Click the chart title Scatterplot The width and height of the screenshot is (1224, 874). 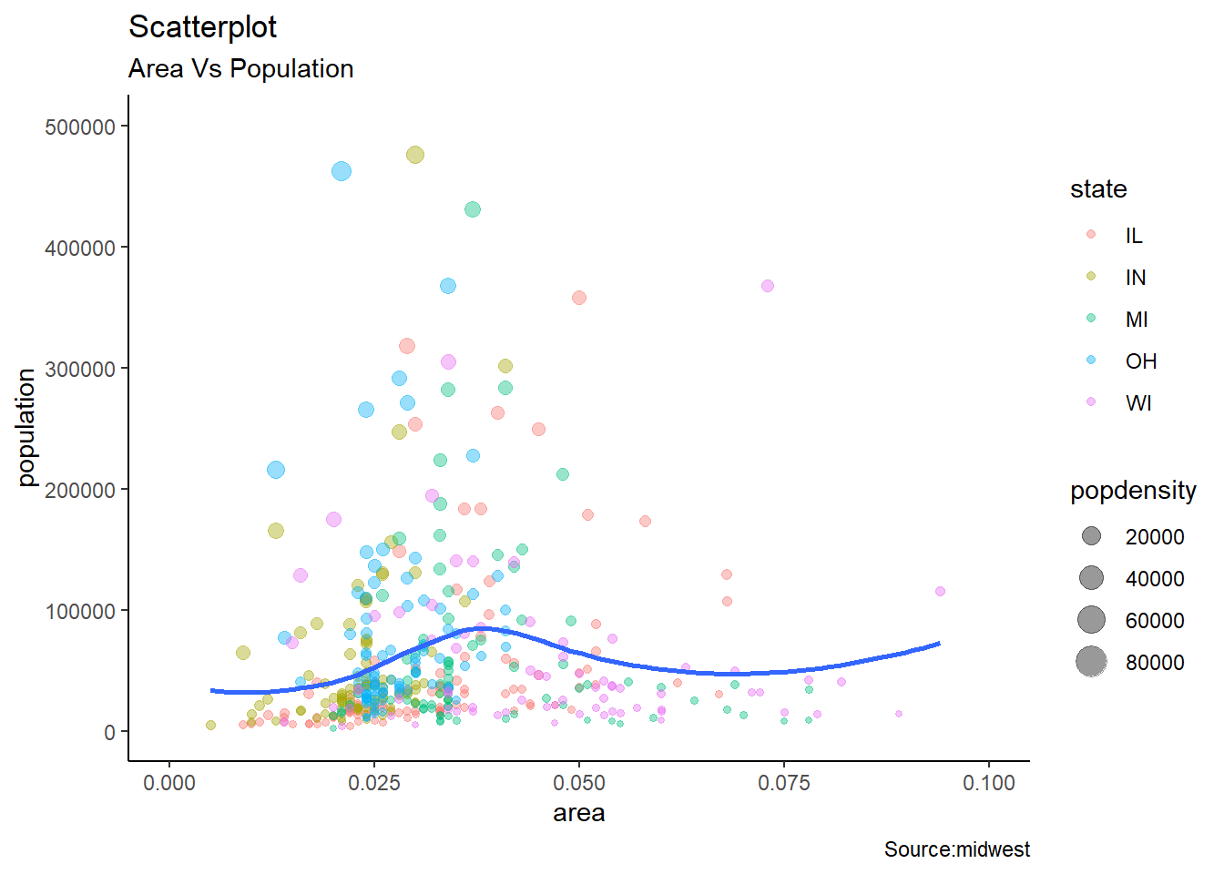(202, 27)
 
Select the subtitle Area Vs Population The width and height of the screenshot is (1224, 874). (240, 69)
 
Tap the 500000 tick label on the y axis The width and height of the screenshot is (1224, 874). (80, 127)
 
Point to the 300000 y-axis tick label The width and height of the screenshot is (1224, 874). (80, 369)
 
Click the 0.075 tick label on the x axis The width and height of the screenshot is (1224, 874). (783, 783)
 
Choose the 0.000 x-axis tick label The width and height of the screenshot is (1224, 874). (169, 783)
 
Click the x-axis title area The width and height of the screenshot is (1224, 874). (578, 813)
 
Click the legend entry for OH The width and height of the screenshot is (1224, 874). (1140, 361)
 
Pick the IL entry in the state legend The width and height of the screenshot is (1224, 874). (1133, 236)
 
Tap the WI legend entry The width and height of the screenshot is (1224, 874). (1138, 403)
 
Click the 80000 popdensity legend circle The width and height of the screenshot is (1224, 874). (1091, 662)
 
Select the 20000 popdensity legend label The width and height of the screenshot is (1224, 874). (1154, 537)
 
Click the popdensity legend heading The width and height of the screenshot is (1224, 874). (1132, 491)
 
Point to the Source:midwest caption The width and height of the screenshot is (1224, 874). (956, 849)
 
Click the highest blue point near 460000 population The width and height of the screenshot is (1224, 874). (342, 171)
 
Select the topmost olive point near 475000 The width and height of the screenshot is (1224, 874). (414, 155)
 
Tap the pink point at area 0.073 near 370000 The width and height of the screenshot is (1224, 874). (768, 286)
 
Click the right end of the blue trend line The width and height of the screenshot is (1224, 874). (938, 644)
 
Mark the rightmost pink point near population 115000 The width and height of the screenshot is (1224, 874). (940, 592)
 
